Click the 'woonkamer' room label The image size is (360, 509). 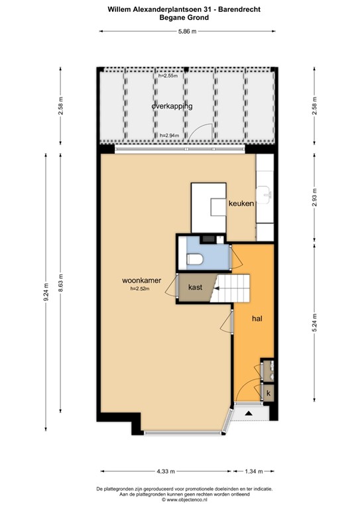(x=142, y=280)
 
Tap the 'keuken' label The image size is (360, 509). (x=241, y=203)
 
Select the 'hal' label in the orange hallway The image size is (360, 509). (x=257, y=318)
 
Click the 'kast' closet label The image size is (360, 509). (x=195, y=288)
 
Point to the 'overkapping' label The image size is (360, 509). (x=172, y=106)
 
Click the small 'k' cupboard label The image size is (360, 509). (x=268, y=393)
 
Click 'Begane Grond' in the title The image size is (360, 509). (x=184, y=18)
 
